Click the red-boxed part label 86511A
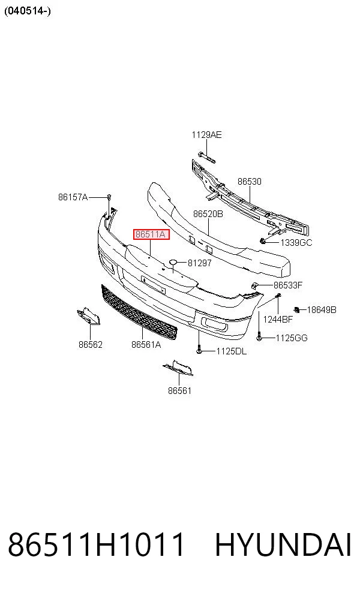pos(151,234)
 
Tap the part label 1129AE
pos(207,135)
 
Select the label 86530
pos(249,181)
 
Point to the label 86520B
pos(208,213)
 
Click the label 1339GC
pos(296,243)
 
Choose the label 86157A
pos(73,197)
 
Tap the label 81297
pos(200,263)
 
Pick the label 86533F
pos(287,285)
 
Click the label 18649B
pos(322,309)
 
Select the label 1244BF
pos(278,320)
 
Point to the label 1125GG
pos(292,338)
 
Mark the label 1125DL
pos(231,351)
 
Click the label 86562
pos(91,344)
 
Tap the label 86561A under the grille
pos(146,344)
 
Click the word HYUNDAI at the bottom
pos(283,544)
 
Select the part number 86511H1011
pos(97,544)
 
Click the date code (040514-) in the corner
pos(28,11)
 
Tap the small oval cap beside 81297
pos(173,262)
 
